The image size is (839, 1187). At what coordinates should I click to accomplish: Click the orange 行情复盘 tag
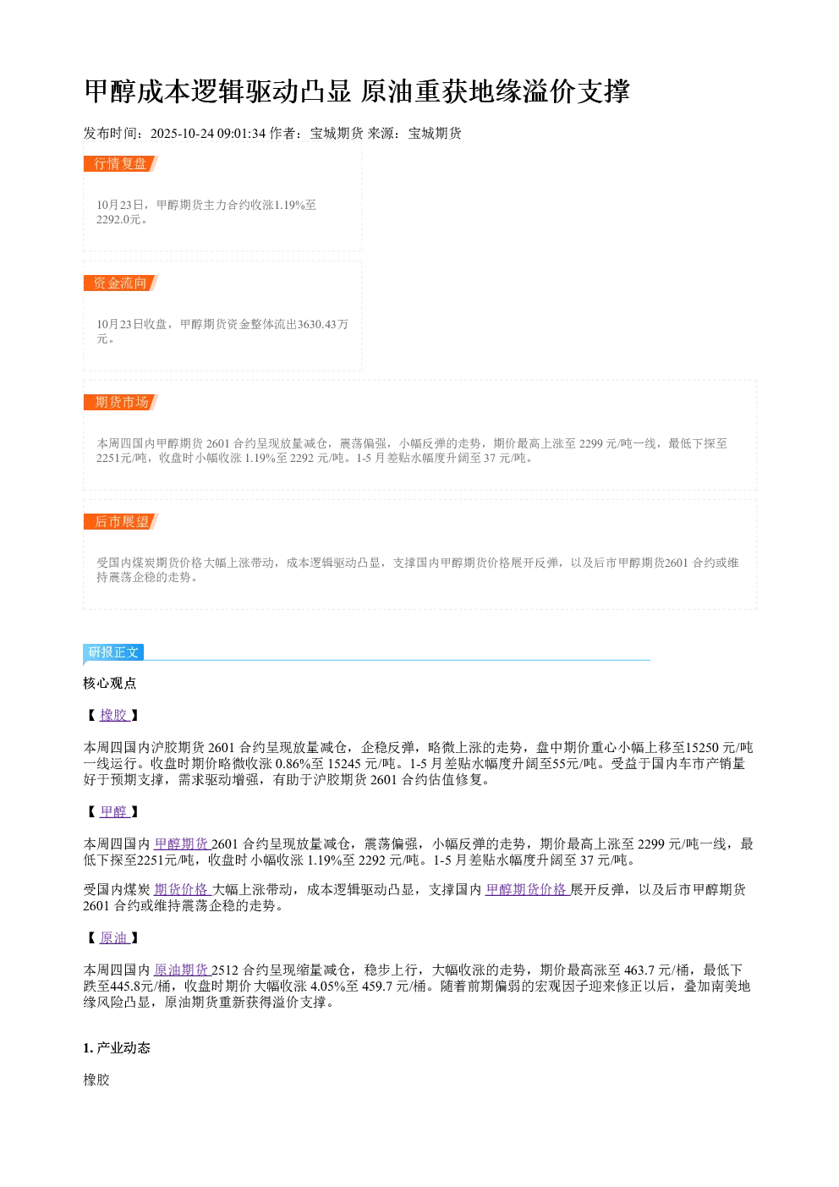[x=120, y=164]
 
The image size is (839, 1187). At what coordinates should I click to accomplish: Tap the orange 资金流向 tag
[x=120, y=283]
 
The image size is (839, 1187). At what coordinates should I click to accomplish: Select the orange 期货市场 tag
[x=120, y=402]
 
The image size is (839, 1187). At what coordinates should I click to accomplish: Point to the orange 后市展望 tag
[x=120, y=521]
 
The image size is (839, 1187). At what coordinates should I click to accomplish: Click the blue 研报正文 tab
[x=113, y=651]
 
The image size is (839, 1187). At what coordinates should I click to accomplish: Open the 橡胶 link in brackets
[x=113, y=715]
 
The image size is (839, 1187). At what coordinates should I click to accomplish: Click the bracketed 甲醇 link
[x=113, y=811]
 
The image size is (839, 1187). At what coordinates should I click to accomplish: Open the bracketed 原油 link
[x=113, y=937]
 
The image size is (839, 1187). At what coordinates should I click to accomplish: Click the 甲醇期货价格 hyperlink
[x=527, y=889]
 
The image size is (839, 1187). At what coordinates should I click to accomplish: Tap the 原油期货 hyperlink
[x=182, y=970]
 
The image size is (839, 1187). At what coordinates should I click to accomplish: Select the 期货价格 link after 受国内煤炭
[x=182, y=889]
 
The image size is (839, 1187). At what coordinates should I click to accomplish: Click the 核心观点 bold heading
[x=110, y=683]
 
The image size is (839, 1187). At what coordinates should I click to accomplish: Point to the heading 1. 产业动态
[x=117, y=1047]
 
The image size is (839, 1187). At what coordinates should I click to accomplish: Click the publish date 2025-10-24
[x=182, y=133]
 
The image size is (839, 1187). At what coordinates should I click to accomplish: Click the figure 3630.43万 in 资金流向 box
[x=322, y=324]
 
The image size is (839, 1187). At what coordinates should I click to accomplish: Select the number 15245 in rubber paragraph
[x=344, y=763]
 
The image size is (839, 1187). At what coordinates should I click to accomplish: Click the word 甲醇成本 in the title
[x=137, y=91]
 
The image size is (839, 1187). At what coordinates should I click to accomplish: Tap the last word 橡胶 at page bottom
[x=96, y=1080]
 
